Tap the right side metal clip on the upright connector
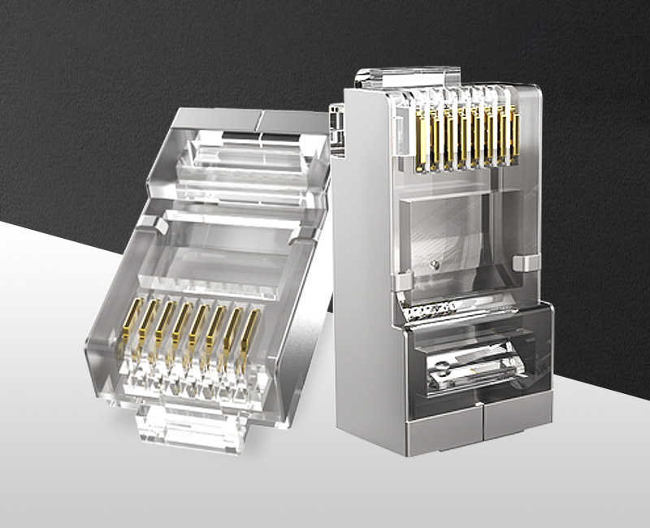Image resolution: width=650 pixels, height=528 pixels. point(529,263)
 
